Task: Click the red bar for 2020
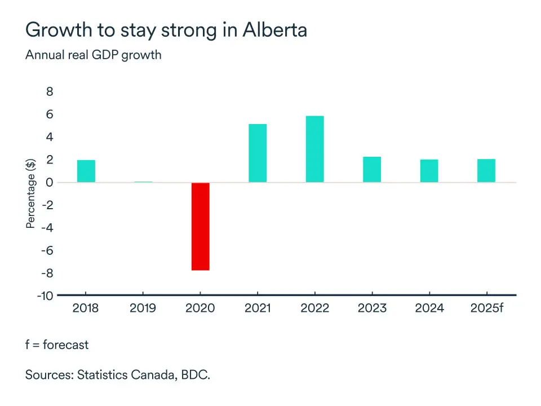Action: point(200,226)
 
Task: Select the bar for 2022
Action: point(314,149)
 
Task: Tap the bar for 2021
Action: point(258,153)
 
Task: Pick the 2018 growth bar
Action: point(86,171)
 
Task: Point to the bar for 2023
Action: point(372,169)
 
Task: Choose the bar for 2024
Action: point(429,171)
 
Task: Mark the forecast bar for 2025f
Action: point(486,170)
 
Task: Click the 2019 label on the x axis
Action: point(143,308)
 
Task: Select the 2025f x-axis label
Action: point(486,308)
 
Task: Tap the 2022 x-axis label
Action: point(314,308)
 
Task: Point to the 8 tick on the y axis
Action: point(49,92)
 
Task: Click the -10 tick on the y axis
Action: point(45,296)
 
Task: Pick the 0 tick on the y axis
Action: point(49,183)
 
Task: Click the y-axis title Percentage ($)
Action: point(31,194)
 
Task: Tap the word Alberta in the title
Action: point(275,30)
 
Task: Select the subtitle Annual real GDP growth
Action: point(94,55)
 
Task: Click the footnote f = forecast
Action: point(57,344)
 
